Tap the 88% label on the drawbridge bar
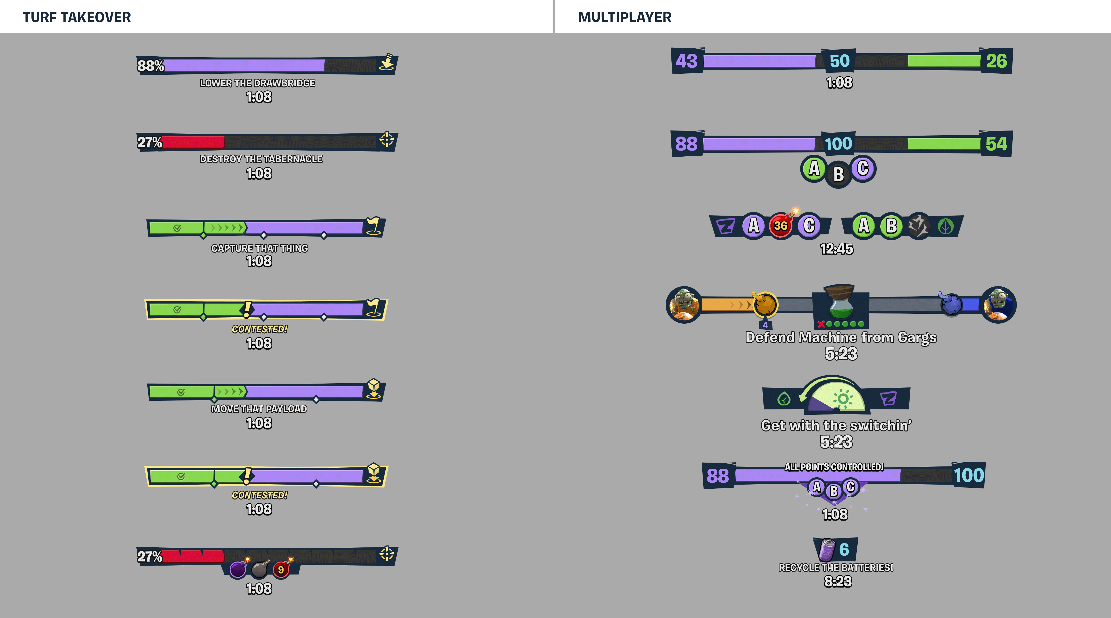(150, 65)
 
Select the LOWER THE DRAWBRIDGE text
(257, 83)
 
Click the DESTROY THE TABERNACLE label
(261, 159)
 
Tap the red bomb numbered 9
(281, 570)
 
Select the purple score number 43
(687, 61)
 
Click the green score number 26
(996, 61)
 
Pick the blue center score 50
(839, 61)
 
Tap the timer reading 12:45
(837, 249)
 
